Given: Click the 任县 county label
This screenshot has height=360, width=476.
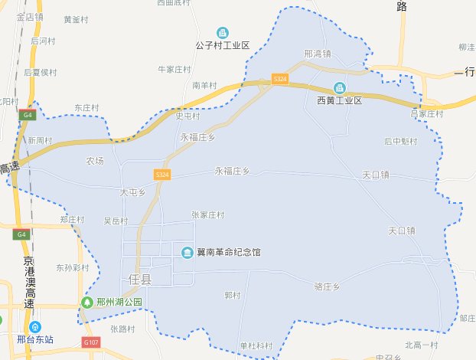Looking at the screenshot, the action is [x=136, y=279].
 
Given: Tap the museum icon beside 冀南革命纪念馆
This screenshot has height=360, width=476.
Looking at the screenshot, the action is [x=187, y=252].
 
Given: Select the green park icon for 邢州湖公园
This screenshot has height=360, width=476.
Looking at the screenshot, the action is [x=90, y=303].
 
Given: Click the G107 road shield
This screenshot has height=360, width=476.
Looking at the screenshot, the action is [x=91, y=342].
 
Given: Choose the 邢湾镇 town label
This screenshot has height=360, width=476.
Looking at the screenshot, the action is [x=317, y=54].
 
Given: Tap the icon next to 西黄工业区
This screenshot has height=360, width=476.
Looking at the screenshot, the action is [x=339, y=88].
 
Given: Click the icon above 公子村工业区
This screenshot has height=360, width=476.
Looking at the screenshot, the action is [x=223, y=32].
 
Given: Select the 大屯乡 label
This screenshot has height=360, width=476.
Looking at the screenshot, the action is [x=132, y=192].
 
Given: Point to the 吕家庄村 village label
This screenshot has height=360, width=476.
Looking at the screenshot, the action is [x=427, y=113].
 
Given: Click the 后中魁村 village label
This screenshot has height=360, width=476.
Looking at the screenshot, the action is [x=401, y=141].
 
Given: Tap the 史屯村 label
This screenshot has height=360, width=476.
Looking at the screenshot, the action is [x=187, y=116].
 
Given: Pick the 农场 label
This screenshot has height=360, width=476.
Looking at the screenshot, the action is [x=95, y=161].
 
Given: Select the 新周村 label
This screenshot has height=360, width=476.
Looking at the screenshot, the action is [x=40, y=141].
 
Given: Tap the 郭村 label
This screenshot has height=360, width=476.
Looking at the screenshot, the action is [x=233, y=296].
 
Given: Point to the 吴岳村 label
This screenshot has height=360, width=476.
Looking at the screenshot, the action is [x=116, y=221].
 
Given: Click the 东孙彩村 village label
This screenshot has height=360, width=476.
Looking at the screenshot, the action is [x=73, y=268].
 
